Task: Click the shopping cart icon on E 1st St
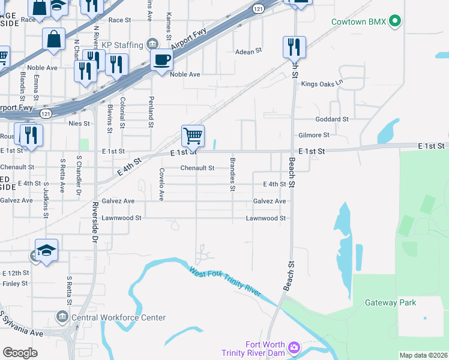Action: [193, 136]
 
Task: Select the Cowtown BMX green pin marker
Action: [394, 22]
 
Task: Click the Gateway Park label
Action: [390, 302]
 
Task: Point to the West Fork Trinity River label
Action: [225, 281]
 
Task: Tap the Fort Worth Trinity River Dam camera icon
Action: [294, 347]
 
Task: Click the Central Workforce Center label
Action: [118, 317]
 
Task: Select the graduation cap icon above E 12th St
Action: [46, 250]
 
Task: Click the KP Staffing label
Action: [122, 45]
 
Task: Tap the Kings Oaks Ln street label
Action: [322, 83]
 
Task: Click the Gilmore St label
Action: [314, 136]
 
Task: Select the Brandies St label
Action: [232, 174]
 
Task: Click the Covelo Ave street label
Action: [161, 183]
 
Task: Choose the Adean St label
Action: [249, 52]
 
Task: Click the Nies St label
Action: [79, 124]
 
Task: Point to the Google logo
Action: [20, 352]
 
